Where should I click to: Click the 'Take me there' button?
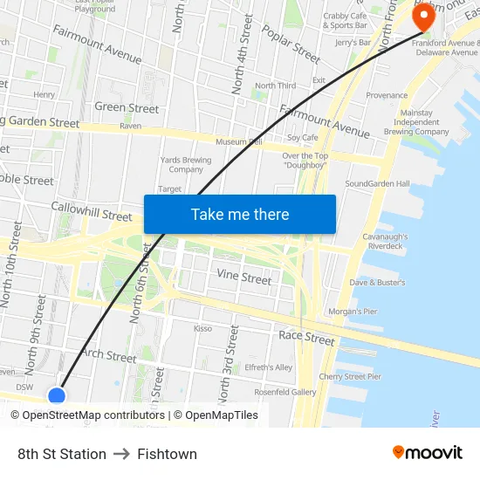tap(240, 214)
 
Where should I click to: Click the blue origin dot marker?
tap(57, 396)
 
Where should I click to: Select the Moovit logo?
tap(428, 453)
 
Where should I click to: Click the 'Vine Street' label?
tap(243, 278)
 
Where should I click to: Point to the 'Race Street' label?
tap(306, 337)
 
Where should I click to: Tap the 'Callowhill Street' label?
tap(91, 211)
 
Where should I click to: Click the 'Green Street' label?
tap(127, 108)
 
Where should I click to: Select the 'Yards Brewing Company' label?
tap(185, 165)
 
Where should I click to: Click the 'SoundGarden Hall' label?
tap(377, 184)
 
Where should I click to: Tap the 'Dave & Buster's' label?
tap(377, 283)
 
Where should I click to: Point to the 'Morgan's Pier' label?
tap(353, 312)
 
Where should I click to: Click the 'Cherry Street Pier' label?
tap(350, 377)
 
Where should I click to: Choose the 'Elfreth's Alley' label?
tap(268, 367)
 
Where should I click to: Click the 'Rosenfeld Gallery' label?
tap(285, 393)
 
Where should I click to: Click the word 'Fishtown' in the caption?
tap(167, 454)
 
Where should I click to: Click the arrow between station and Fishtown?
tap(122, 454)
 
